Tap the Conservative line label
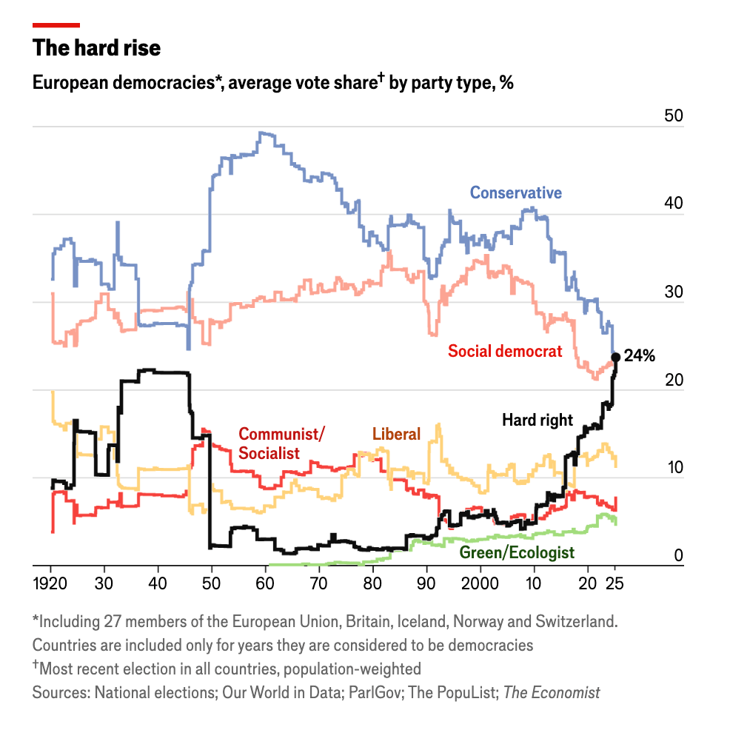516,193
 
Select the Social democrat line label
506,352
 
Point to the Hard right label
538,421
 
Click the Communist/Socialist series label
281,443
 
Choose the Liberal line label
396,435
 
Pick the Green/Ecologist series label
517,553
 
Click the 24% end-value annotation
640,356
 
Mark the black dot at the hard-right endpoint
615,358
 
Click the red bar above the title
56,25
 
